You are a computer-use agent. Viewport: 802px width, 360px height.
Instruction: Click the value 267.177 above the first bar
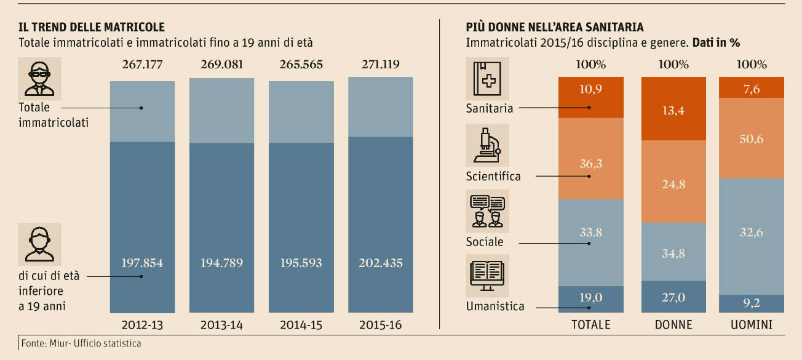[x=142, y=64]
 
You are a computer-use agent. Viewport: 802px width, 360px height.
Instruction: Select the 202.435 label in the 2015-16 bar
[x=380, y=263]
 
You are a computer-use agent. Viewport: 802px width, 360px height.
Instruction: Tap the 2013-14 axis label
[x=221, y=324]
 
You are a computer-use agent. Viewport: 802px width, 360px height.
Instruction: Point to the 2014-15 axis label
[x=301, y=324]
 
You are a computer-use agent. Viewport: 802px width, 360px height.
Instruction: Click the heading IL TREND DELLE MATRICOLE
[x=92, y=27]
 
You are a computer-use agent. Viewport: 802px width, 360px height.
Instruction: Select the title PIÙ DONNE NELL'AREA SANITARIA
[x=555, y=27]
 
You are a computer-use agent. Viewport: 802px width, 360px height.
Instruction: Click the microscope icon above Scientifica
[x=487, y=144]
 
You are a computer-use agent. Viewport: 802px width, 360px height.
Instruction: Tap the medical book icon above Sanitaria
[x=487, y=78]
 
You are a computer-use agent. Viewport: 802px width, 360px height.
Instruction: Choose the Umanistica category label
[x=494, y=306]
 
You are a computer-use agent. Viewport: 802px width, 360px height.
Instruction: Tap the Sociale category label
[x=485, y=242]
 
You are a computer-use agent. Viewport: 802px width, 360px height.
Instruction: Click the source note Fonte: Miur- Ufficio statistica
[x=81, y=343]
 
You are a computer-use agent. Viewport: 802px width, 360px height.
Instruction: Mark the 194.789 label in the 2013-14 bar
[x=221, y=263]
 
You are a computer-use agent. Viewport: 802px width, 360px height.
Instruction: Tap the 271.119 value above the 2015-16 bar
[x=380, y=64]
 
